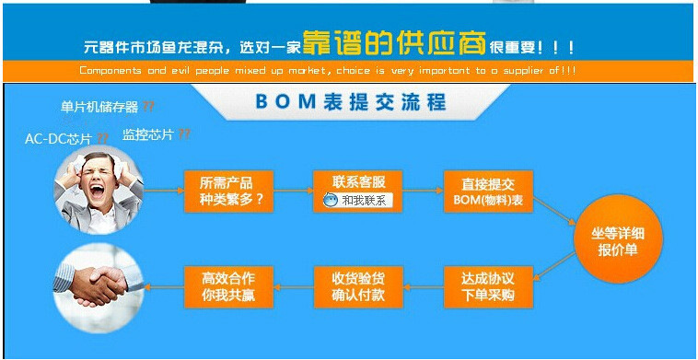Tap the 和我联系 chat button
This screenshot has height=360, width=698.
(x=358, y=200)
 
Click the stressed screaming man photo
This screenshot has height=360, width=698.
(x=98, y=190)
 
